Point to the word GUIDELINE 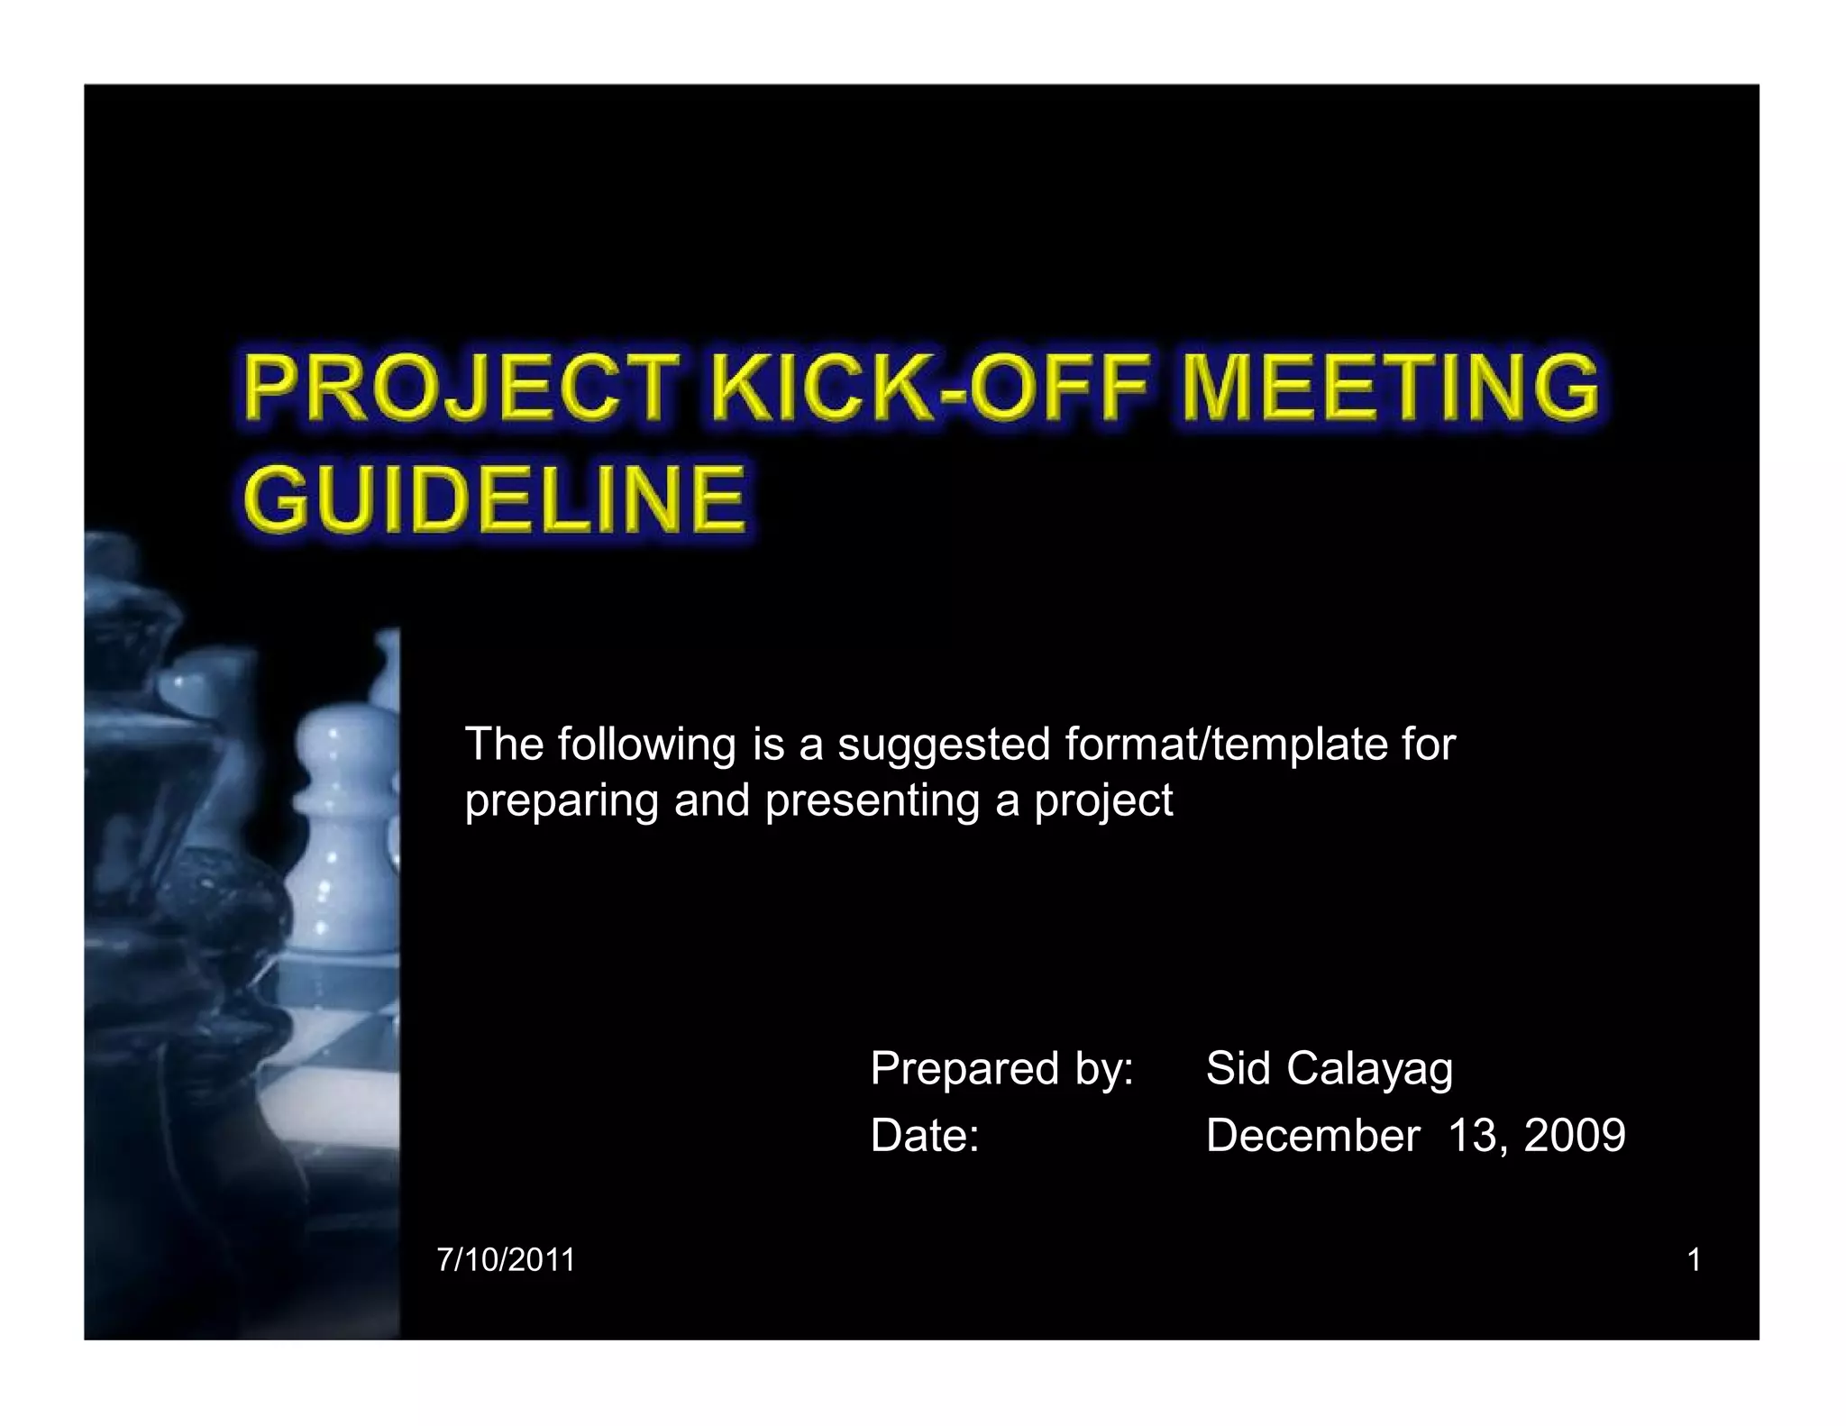click(495, 498)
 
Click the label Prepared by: click(1001, 1070)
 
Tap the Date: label click(925, 1135)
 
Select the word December click(1312, 1135)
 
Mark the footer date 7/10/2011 click(506, 1260)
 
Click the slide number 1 click(1694, 1260)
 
